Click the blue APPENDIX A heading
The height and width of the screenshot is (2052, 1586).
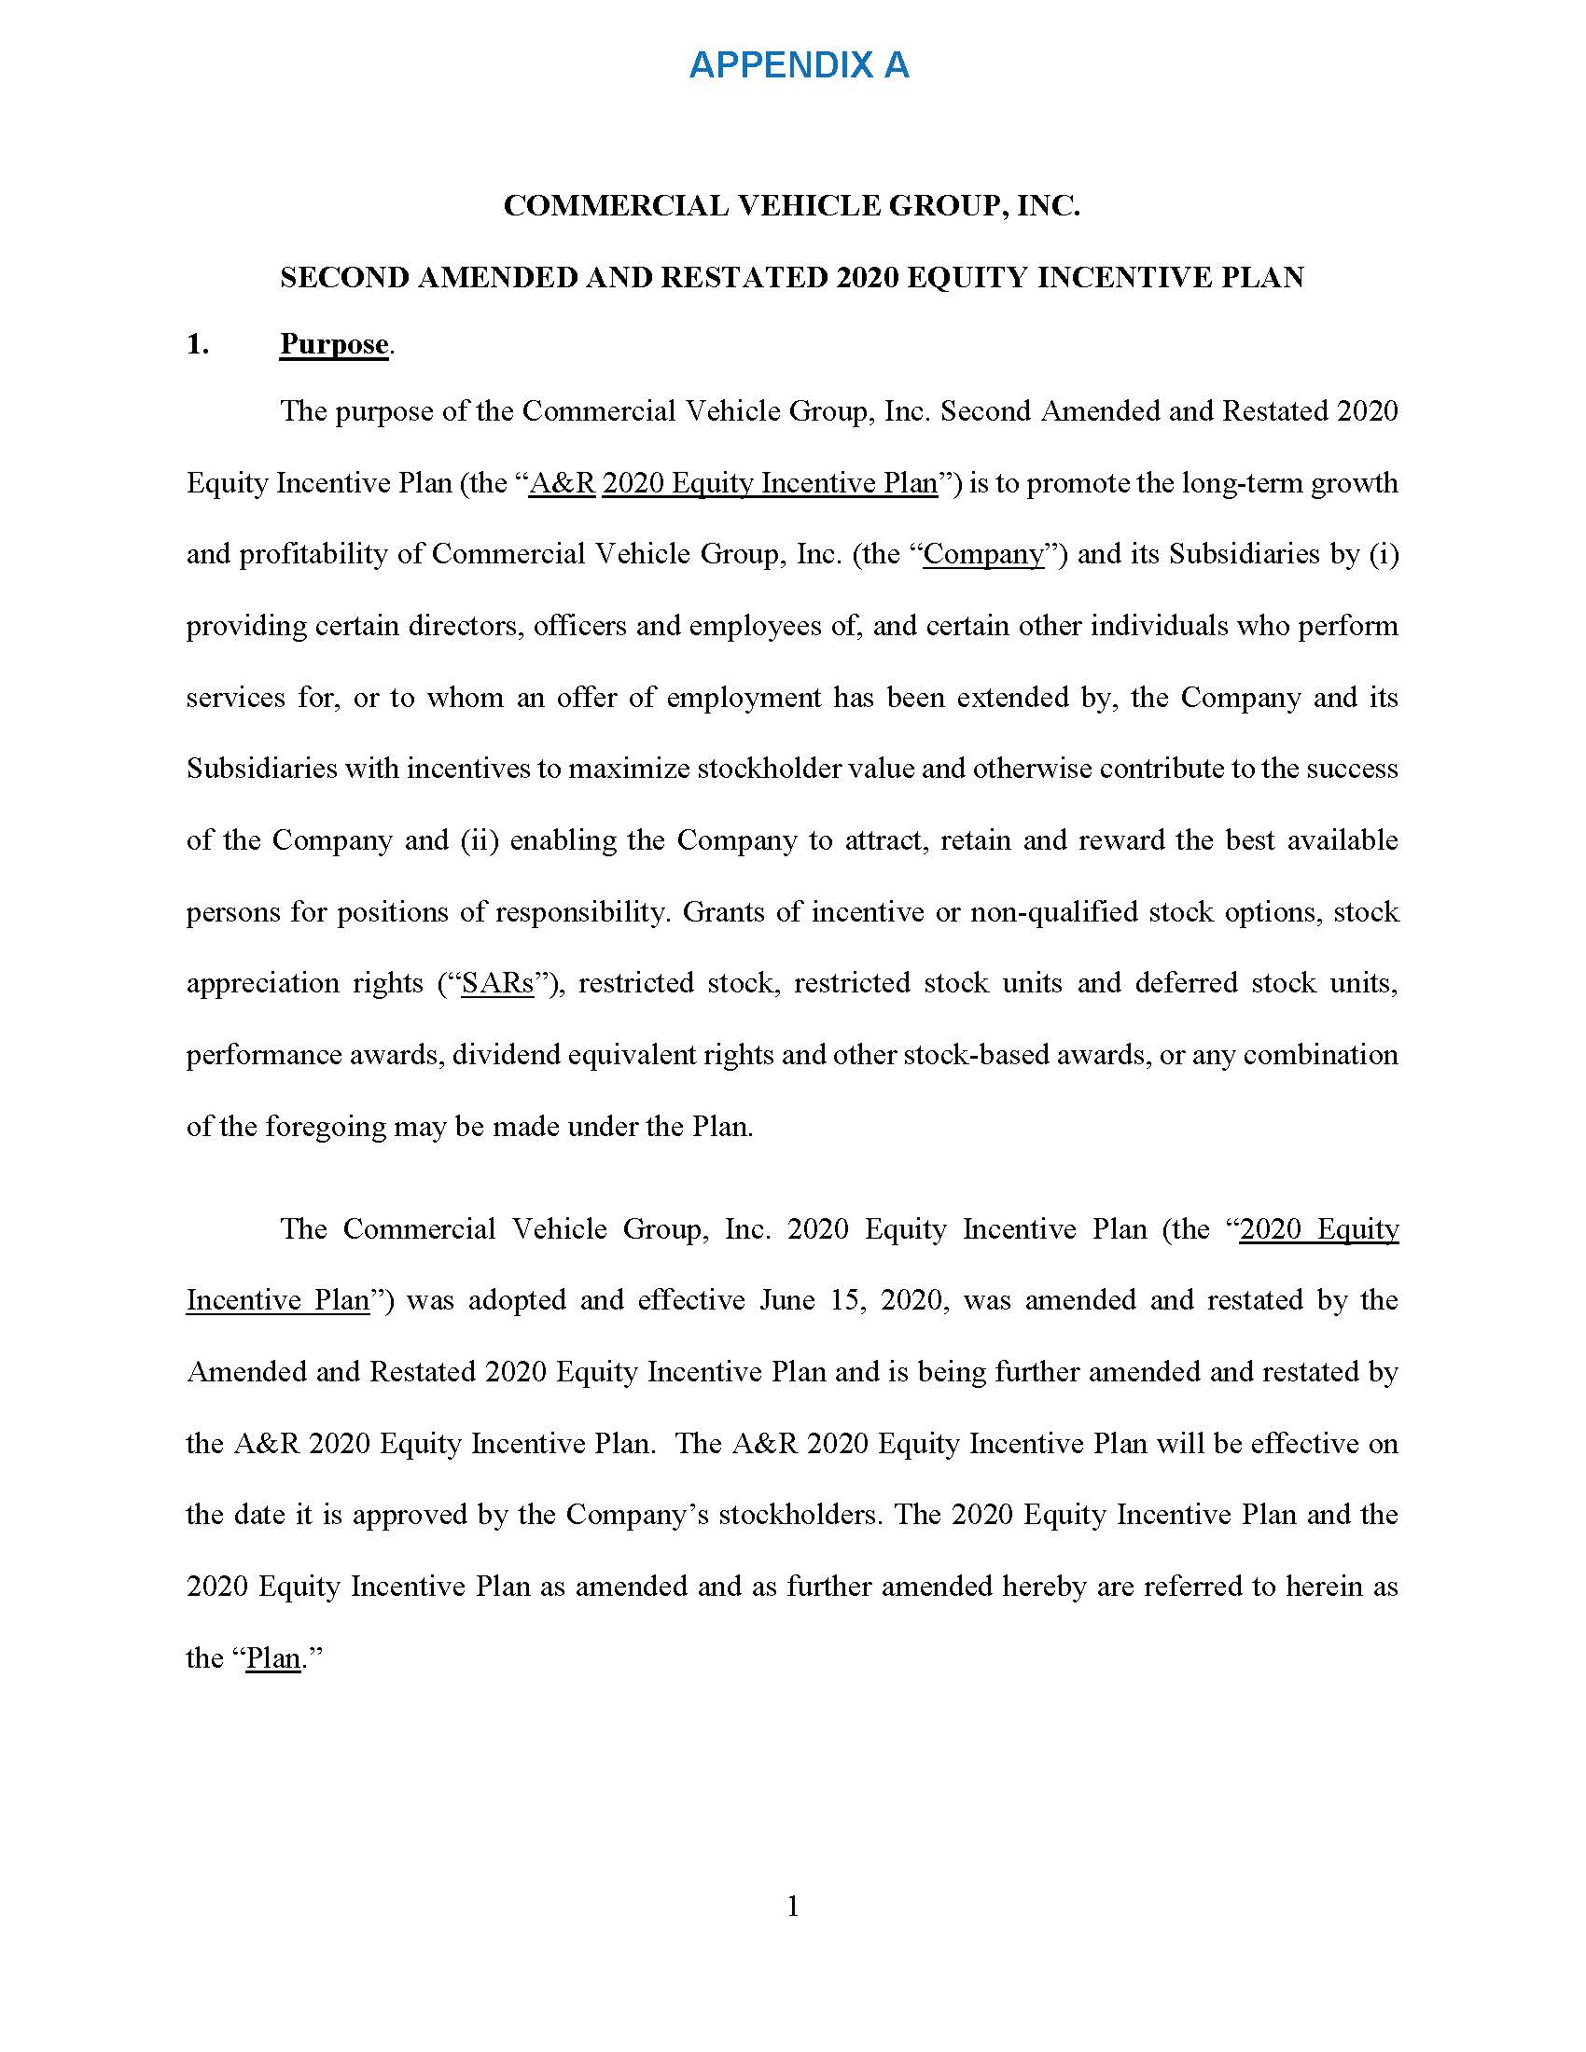tap(799, 65)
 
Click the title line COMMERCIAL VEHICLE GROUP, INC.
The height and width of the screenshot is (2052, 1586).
tap(792, 206)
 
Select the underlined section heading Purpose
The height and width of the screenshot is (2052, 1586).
tap(334, 344)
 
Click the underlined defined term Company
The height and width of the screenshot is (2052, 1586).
tap(983, 554)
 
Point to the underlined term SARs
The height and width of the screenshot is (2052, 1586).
tap(497, 983)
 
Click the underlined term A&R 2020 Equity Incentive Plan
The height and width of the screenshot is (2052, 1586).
tap(734, 483)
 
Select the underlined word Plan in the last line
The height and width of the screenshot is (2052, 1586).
tap(273, 1658)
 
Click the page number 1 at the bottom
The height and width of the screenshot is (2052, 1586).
tap(793, 1906)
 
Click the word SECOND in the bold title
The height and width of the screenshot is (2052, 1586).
tap(343, 277)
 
